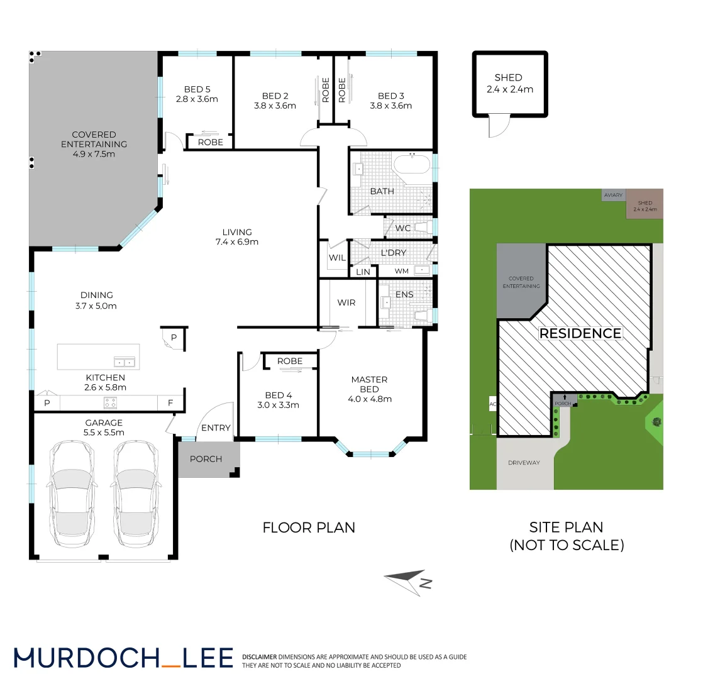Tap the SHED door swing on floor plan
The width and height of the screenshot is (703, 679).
click(x=497, y=126)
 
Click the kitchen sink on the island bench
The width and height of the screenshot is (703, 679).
click(x=124, y=362)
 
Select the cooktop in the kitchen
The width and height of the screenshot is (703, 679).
click(x=111, y=403)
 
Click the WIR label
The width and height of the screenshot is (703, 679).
click(x=346, y=302)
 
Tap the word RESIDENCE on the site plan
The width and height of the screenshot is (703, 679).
click(x=580, y=333)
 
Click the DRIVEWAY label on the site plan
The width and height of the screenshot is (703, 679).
click(x=524, y=463)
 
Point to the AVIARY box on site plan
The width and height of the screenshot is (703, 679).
click(x=613, y=196)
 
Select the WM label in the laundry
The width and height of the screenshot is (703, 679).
click(x=401, y=271)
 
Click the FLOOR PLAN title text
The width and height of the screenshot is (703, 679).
click(x=309, y=527)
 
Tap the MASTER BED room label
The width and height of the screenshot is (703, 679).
click(x=369, y=389)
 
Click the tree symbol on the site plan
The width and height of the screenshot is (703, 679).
click(x=656, y=422)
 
